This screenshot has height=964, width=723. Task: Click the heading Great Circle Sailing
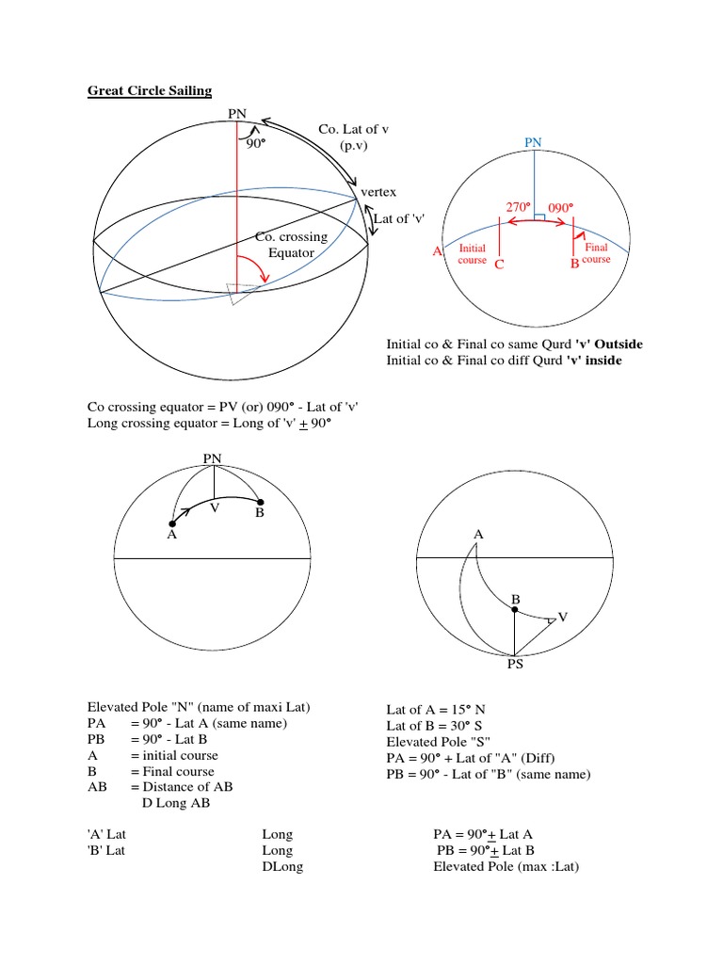[x=150, y=90]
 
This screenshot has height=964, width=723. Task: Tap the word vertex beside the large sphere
[x=378, y=192]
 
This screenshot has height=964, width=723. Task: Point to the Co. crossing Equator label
[x=291, y=245]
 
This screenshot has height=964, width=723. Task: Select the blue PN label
[x=534, y=141]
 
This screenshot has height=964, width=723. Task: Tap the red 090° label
[x=561, y=206]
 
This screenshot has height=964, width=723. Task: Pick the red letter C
[x=499, y=265]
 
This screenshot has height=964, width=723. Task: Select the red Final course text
[x=597, y=252]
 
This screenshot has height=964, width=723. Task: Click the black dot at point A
[x=171, y=523]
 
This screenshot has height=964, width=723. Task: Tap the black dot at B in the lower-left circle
[x=261, y=503]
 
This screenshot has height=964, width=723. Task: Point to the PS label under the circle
[x=514, y=664]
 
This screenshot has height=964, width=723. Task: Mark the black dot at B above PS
[x=514, y=610]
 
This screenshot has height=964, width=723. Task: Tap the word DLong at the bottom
[x=282, y=866]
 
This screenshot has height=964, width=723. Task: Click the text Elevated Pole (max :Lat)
[x=506, y=866]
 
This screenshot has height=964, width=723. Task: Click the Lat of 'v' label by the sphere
[x=400, y=218]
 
